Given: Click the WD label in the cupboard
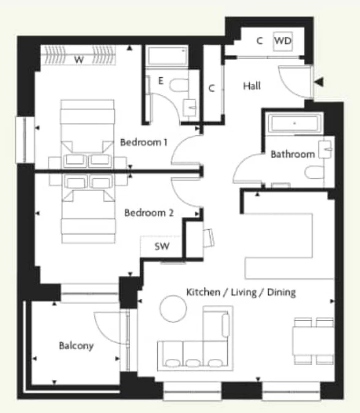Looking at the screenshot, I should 282,41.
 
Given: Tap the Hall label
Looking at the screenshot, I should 252,86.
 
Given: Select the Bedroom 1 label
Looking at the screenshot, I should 144,142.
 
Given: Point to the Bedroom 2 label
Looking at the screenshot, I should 149,213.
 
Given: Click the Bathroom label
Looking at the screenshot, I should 293,154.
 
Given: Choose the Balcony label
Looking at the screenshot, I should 77,346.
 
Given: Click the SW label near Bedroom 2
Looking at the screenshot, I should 162,248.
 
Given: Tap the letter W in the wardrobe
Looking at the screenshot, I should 79,59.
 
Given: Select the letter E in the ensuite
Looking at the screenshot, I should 160,80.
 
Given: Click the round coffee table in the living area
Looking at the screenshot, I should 173,308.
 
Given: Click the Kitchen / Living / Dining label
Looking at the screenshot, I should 241,292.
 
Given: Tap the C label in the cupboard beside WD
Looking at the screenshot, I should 260,41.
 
